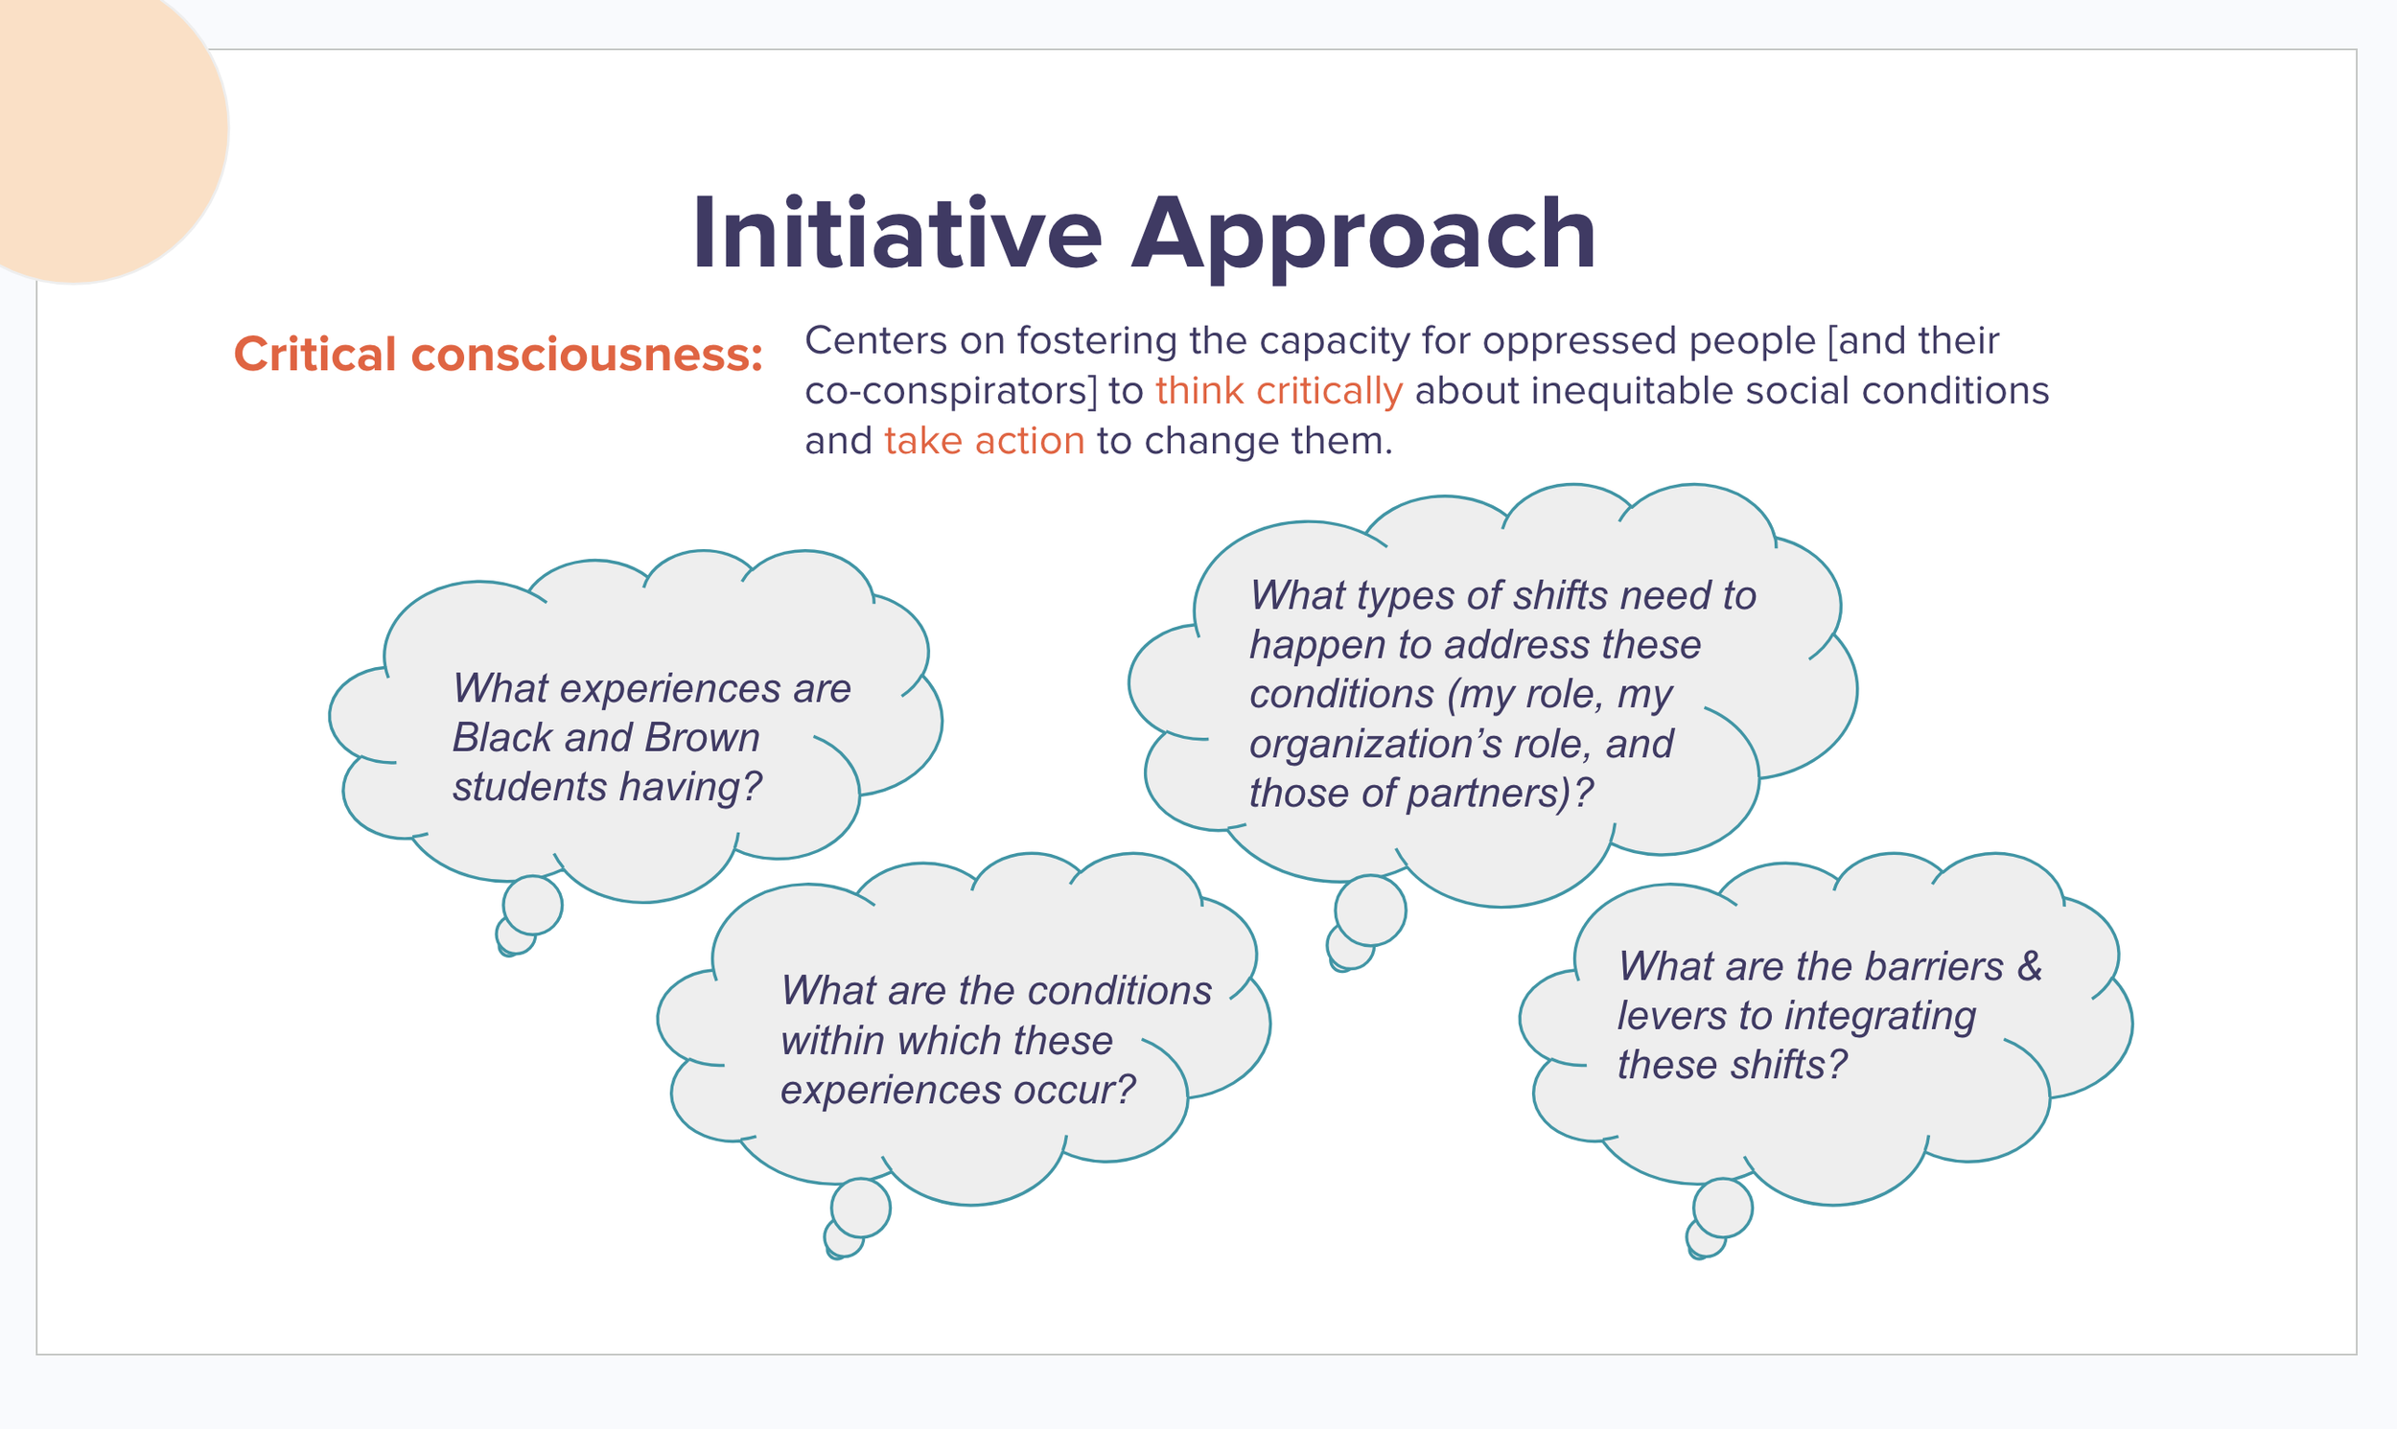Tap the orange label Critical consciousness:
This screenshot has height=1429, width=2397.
498,355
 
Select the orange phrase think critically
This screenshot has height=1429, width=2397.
1279,391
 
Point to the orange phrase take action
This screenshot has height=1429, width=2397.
985,441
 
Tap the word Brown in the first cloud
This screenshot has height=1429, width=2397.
703,738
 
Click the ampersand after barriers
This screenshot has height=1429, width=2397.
2030,966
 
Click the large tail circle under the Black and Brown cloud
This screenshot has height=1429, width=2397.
532,905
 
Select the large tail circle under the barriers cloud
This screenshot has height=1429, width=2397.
1723,1208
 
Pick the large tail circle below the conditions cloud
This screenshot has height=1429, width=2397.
861,1208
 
